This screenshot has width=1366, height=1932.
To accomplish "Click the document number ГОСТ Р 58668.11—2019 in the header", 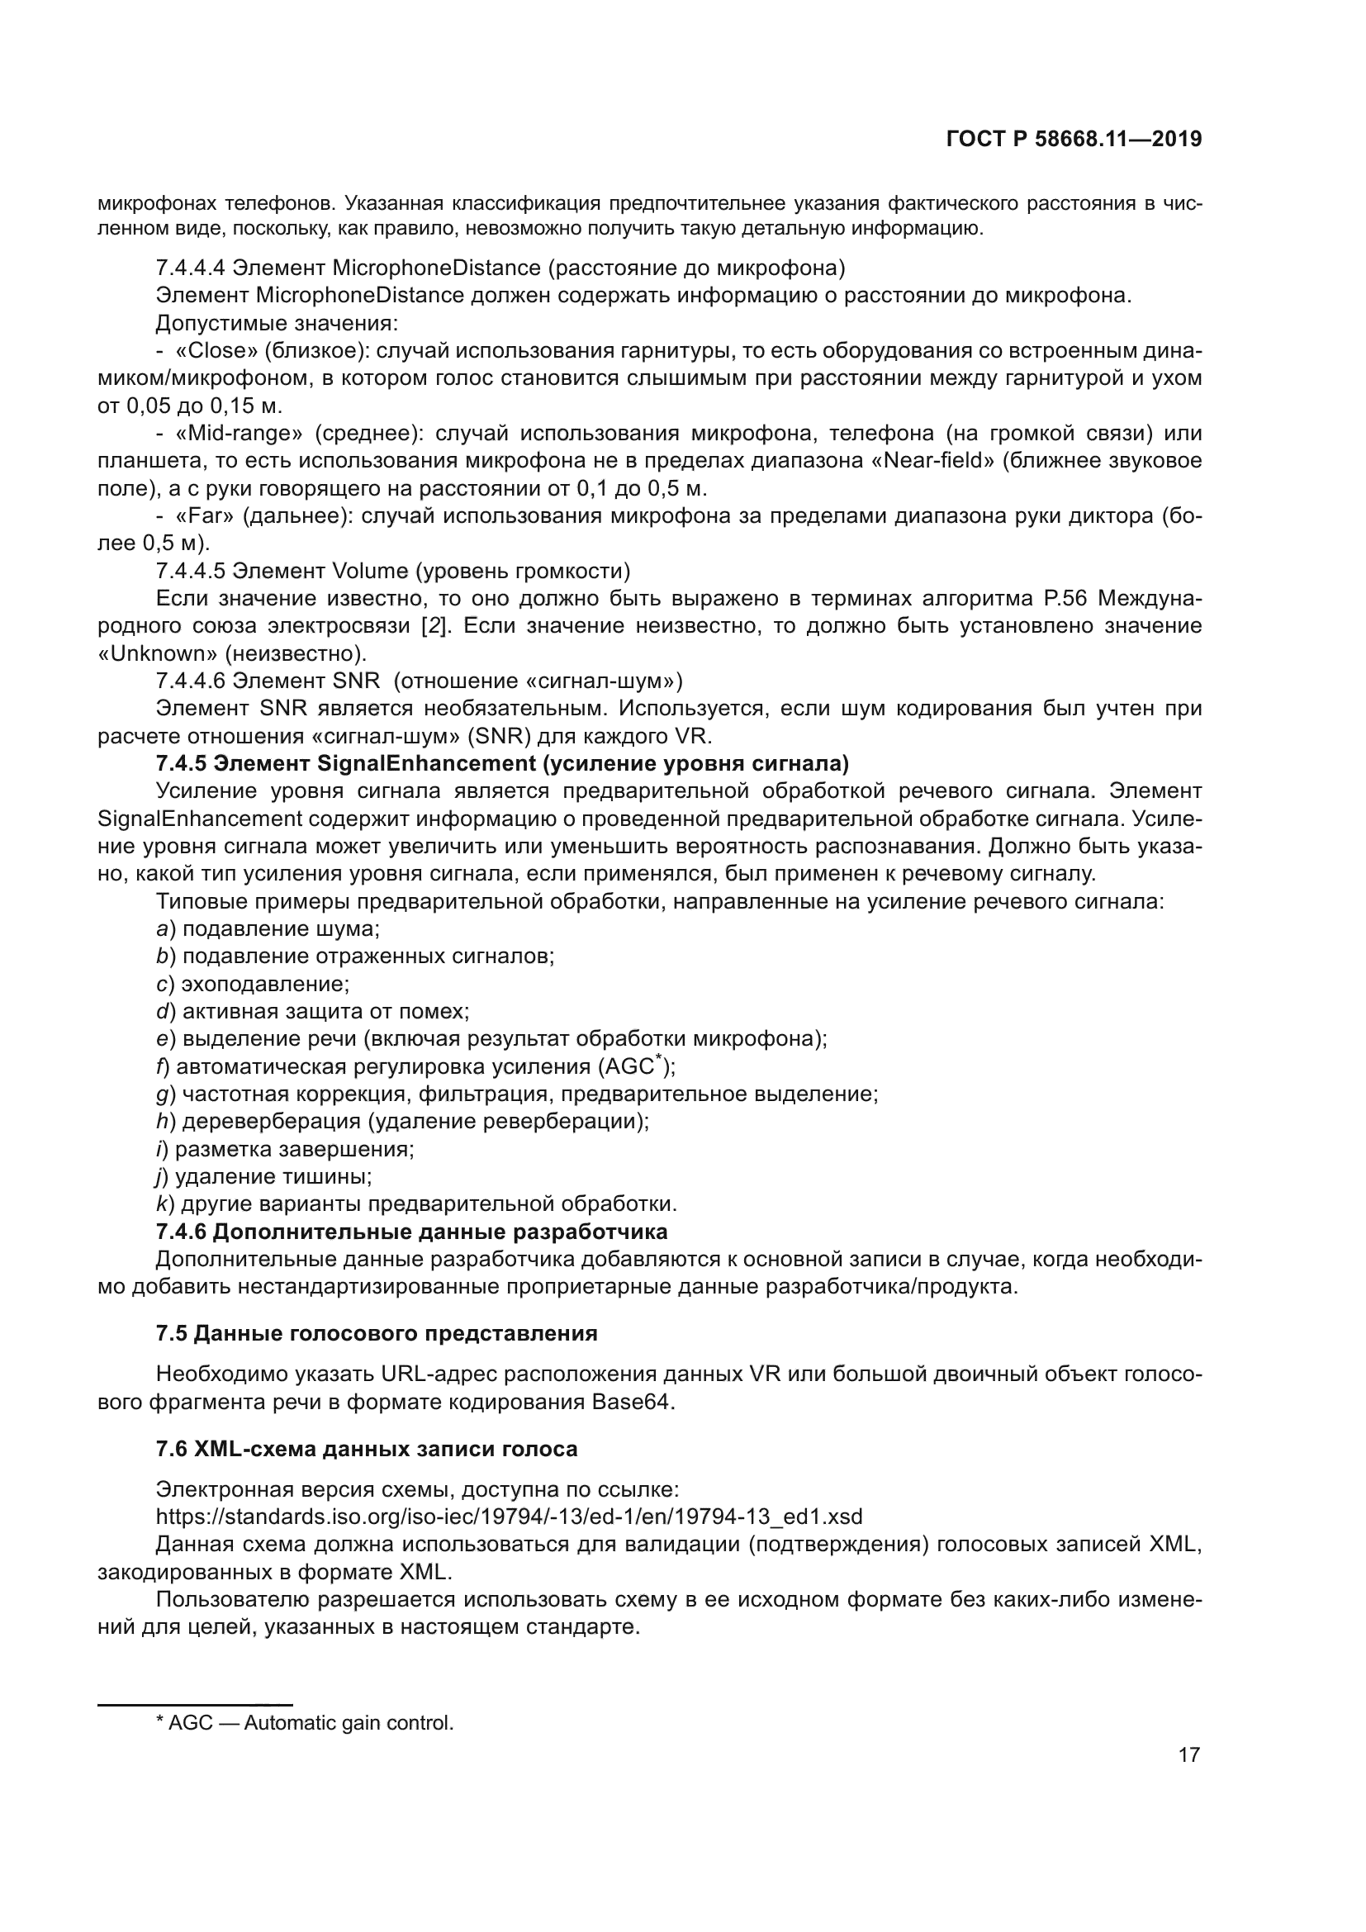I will [1074, 140].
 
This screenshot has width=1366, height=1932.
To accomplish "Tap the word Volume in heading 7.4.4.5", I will [370, 572].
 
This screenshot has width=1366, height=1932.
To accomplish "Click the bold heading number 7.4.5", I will [181, 764].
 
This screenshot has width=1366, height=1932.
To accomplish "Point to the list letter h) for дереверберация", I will [165, 1122].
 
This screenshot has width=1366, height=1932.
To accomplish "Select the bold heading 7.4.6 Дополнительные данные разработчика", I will [411, 1232].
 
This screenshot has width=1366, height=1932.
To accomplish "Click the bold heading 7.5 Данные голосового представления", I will [376, 1334].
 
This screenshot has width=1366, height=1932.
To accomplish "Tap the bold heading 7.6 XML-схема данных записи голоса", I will [367, 1449].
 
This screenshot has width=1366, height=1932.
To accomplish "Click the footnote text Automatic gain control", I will [349, 1723].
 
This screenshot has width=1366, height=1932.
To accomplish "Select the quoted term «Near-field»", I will [930, 461].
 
